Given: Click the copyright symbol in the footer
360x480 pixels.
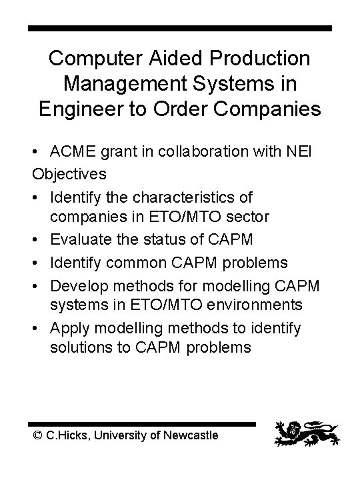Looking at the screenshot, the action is point(38,435).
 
